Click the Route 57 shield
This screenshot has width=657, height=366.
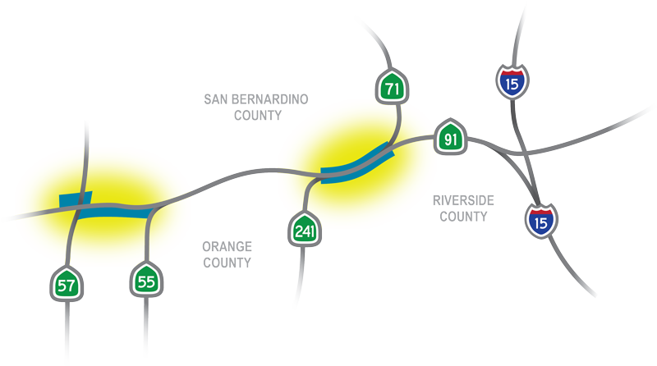point(64,285)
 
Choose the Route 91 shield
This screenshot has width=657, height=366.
point(450,138)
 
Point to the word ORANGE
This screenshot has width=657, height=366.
point(227,246)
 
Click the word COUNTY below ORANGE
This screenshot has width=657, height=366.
point(226,263)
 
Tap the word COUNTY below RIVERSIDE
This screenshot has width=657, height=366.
point(463,217)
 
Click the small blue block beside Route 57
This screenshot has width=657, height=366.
point(75,199)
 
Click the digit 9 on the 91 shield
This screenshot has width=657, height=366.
point(446,139)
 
